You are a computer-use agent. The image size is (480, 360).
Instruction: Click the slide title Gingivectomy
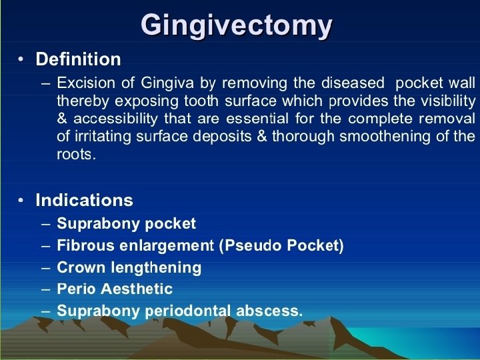(237, 26)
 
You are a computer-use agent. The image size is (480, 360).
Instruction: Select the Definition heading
(78, 59)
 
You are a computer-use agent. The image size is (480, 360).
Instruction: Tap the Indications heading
(84, 200)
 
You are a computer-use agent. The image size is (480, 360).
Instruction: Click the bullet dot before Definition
(22, 60)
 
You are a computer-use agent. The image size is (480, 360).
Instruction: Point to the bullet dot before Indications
(22, 201)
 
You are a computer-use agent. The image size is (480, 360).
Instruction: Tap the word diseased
(353, 83)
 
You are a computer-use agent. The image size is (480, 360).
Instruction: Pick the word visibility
(447, 101)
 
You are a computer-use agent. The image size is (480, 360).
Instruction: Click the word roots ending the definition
(74, 155)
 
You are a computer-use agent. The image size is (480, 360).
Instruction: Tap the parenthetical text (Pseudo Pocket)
(281, 245)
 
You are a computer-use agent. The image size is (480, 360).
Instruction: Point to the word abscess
(269, 311)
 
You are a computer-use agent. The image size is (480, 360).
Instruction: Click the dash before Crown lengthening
(45, 268)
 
